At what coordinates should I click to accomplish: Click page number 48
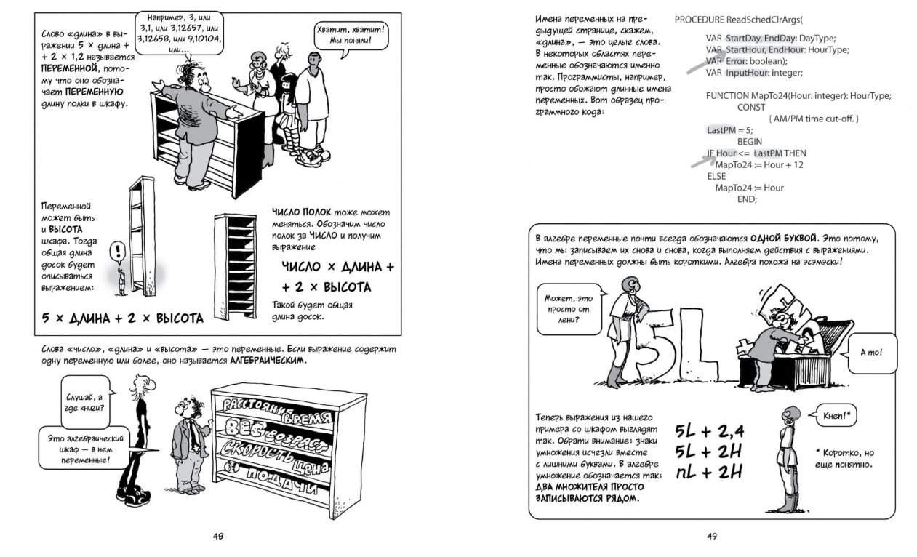218,537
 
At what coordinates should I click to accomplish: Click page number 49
712,537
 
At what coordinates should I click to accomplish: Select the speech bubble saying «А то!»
870,353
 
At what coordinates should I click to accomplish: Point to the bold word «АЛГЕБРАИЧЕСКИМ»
269,361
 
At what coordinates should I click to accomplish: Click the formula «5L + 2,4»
709,432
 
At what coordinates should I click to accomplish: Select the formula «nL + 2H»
709,471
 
